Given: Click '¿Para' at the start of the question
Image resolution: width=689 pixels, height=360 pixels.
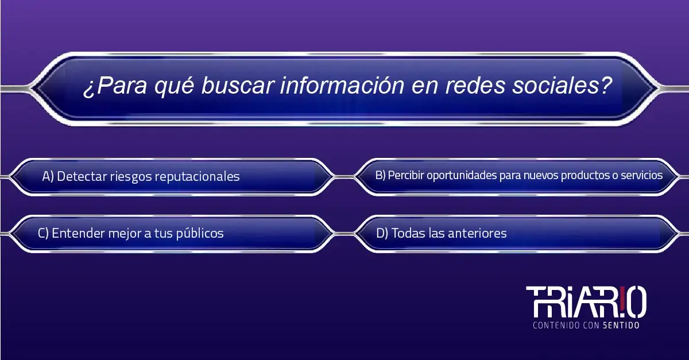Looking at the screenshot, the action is tap(115, 86).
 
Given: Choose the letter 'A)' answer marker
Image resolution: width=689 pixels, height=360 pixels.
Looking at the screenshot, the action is tap(48, 177).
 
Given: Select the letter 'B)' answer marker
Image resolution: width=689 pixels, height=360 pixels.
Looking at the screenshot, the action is tap(380, 175).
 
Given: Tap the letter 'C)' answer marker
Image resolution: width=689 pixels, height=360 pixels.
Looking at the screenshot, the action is tap(44, 234).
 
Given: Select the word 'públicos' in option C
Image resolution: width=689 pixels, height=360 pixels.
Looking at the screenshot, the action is tap(200, 234).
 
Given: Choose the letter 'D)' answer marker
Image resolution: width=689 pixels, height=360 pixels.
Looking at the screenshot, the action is tap(382, 234).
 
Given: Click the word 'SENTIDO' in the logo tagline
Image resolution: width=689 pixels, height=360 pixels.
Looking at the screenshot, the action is tap(621, 325).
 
